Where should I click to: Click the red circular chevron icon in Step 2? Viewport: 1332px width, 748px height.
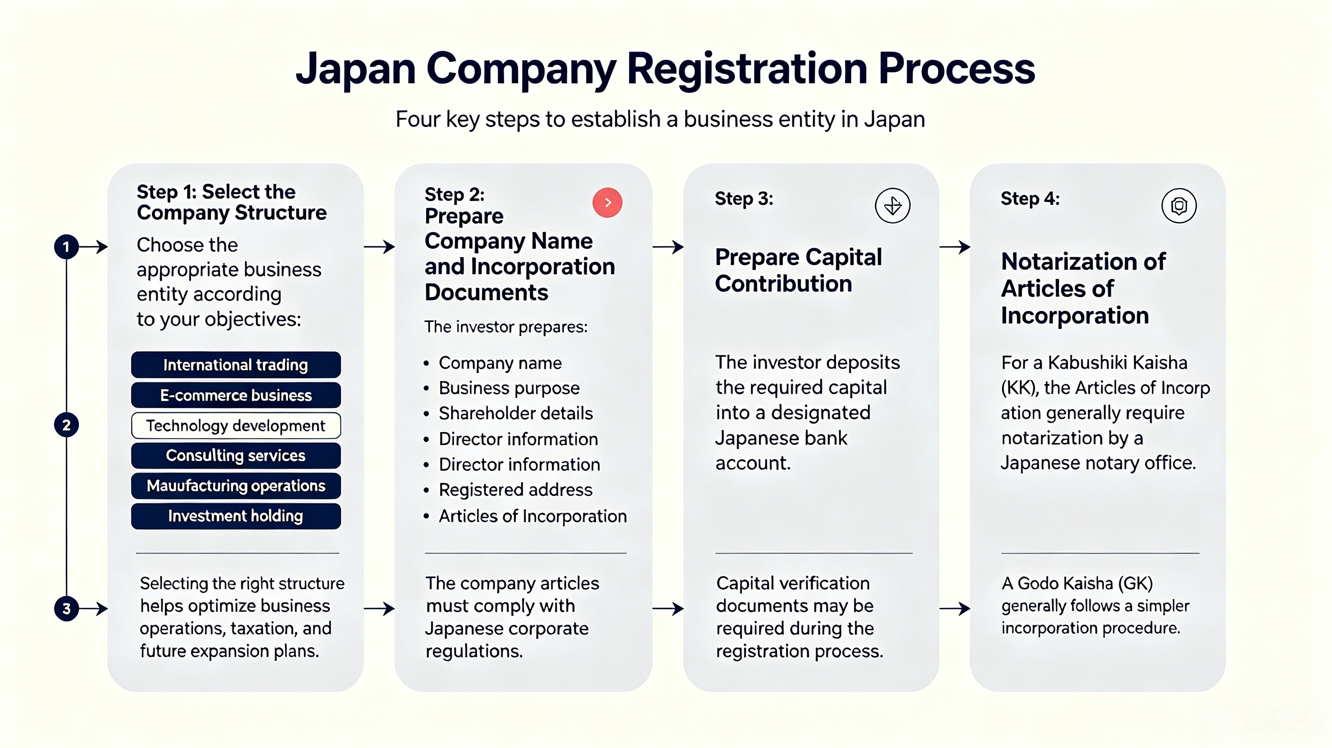[608, 202]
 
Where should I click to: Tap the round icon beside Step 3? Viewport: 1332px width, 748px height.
[892, 206]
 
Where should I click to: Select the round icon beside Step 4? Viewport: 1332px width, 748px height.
[1179, 206]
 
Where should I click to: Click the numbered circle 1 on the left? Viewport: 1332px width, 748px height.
[66, 247]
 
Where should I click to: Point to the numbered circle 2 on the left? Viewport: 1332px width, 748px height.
[66, 425]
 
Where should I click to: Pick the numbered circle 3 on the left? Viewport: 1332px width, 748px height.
[66, 608]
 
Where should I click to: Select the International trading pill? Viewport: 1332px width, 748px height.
[236, 365]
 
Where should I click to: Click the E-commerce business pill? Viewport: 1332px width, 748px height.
[236, 396]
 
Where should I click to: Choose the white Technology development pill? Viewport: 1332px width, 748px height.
[236, 425]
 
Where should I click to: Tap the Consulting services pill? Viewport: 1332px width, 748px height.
[236, 455]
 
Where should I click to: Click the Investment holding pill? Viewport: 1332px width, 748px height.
[236, 516]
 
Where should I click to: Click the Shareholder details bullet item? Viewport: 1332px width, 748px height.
[508, 413]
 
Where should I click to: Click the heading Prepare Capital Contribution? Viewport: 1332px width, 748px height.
[798, 270]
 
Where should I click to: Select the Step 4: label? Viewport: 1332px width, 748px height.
[1030, 199]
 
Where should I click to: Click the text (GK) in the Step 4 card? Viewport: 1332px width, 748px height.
[1136, 583]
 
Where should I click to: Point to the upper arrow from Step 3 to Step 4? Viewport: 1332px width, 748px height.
[955, 247]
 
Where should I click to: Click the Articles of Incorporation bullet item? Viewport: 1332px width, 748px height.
[525, 516]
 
